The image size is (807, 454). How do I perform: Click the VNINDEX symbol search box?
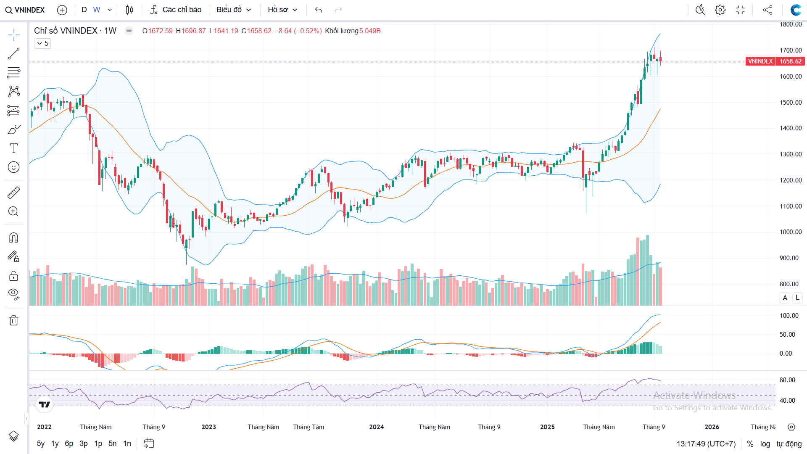tap(25, 10)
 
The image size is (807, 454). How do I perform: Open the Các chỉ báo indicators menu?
tap(176, 10)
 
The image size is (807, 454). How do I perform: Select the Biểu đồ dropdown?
tap(234, 10)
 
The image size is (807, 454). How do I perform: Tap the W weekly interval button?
tap(97, 10)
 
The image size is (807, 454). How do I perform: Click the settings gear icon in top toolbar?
tap(720, 10)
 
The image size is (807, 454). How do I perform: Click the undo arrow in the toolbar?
tap(319, 10)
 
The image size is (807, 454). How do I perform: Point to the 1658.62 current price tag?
tap(790, 61)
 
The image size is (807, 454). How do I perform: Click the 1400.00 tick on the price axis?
tap(791, 128)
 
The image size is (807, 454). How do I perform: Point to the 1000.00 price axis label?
tap(791, 232)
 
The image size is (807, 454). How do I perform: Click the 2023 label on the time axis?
tap(208, 427)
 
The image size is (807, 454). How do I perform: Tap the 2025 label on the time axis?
tap(547, 427)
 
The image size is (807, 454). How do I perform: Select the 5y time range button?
tap(41, 443)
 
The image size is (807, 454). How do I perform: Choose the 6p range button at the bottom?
tap(69, 443)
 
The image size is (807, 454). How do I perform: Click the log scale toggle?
tap(765, 444)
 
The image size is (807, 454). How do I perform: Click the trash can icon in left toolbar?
tap(13, 320)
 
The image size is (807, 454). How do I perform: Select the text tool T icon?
tap(13, 148)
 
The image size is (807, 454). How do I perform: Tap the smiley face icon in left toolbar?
tap(13, 167)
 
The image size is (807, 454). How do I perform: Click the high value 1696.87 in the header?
tap(194, 31)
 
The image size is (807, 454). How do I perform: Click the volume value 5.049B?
tap(370, 31)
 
